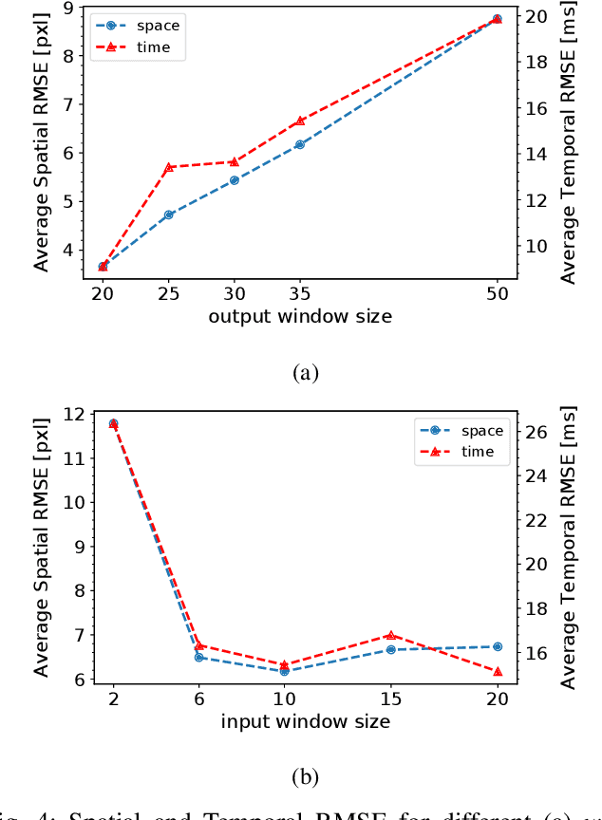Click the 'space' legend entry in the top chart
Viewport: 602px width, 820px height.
(x=157, y=26)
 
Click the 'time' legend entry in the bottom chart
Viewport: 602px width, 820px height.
(x=478, y=452)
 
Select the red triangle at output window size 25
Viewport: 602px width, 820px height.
(x=169, y=167)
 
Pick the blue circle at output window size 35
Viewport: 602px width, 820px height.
(x=299, y=144)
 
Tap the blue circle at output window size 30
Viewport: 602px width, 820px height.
(x=234, y=180)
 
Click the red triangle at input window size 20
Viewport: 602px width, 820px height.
(x=498, y=672)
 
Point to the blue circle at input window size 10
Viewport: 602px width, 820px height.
(x=284, y=671)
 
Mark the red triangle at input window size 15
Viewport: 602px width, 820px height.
(x=390, y=635)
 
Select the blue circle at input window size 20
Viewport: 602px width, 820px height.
(x=498, y=646)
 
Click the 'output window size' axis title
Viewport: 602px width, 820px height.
(x=299, y=315)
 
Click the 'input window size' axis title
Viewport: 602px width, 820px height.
(x=305, y=721)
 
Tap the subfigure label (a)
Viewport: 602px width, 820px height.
(x=304, y=373)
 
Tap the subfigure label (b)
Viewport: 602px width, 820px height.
(x=304, y=777)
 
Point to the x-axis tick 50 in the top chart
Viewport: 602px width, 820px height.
(x=497, y=293)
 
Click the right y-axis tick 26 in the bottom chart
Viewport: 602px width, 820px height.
(x=535, y=432)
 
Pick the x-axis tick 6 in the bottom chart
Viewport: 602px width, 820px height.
(x=198, y=699)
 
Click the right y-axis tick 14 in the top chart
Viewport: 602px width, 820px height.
(x=535, y=154)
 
